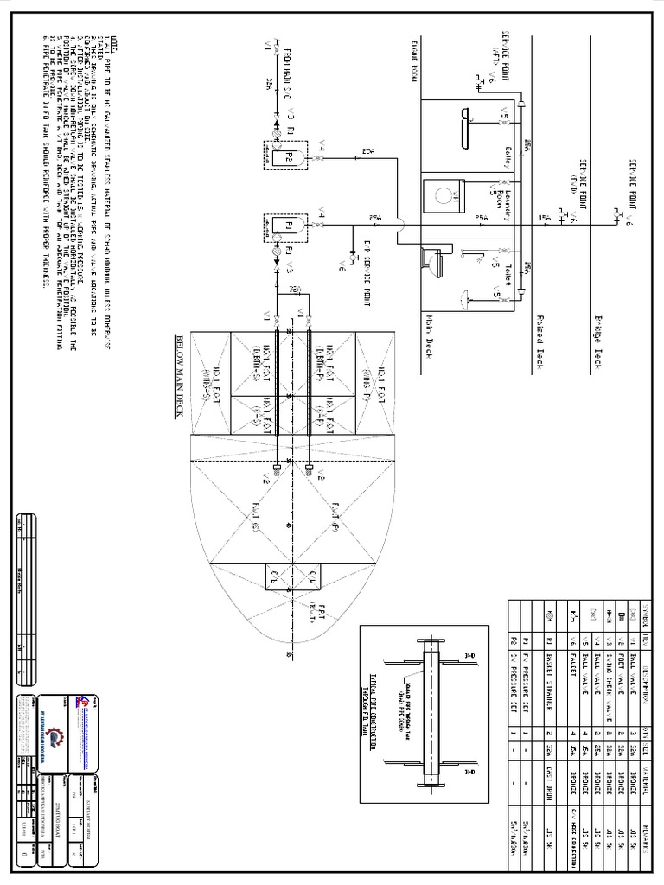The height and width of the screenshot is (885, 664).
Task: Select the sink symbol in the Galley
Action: pos(467,115)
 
